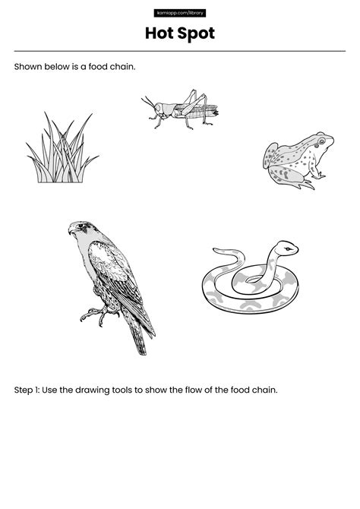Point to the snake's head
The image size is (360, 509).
tap(285, 248)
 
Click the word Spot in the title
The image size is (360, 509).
tap(195, 33)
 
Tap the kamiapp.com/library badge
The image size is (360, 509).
tap(180, 13)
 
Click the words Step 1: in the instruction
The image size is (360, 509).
tap(27, 390)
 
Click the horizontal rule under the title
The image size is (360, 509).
tap(180, 51)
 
